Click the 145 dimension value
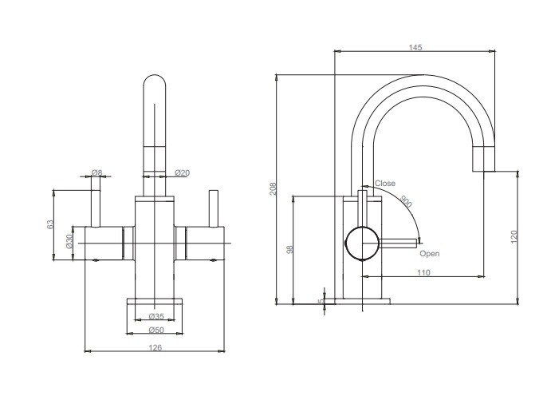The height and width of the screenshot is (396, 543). point(415,47)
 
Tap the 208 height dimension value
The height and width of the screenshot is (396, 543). point(273,188)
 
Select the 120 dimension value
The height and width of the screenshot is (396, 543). point(514,236)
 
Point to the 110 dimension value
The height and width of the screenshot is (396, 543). point(423,272)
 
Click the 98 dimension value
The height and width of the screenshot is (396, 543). point(290,249)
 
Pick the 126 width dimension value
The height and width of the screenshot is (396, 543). point(155,347)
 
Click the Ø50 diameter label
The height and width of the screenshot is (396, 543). point(156,330)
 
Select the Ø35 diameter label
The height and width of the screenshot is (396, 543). point(156,316)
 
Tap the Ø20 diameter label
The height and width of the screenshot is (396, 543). point(182,172)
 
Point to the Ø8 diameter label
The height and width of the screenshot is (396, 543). point(97,172)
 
